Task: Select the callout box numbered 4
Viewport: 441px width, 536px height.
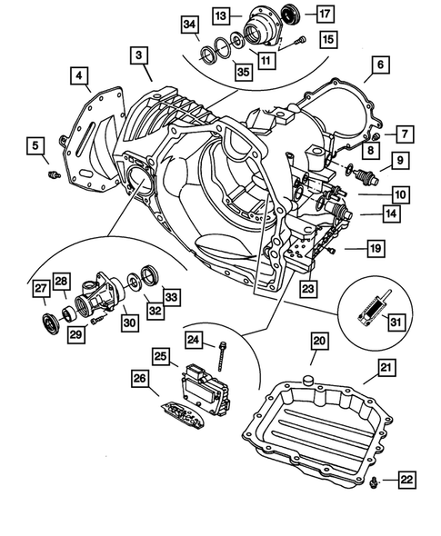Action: (80, 74)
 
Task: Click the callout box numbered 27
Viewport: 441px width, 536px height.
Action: (42, 289)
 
